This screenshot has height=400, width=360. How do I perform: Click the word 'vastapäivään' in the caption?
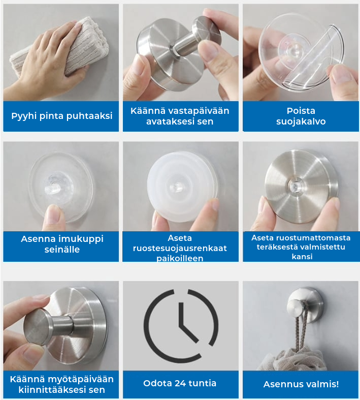point(198,111)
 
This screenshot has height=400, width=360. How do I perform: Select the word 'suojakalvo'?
point(301,121)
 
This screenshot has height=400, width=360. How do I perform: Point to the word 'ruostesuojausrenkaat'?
point(180,248)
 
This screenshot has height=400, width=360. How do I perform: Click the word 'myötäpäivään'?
point(81,379)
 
